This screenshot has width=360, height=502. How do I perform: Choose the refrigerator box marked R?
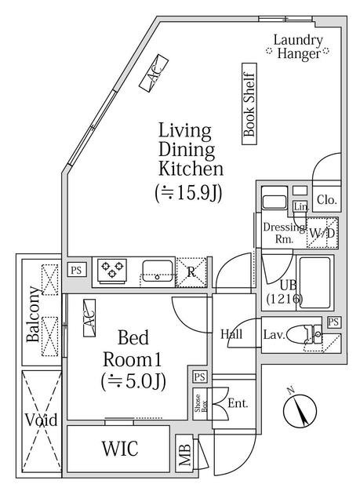pos(191,272)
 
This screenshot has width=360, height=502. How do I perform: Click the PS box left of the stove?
pos(76,270)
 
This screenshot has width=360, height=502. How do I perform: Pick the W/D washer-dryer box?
pos(322,233)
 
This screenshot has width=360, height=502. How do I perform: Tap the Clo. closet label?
pos(326,200)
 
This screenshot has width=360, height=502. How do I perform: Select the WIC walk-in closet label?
pos(119,450)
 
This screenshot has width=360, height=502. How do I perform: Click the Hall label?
pos(231,334)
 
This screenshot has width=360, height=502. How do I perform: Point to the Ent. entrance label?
pos(238,404)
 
